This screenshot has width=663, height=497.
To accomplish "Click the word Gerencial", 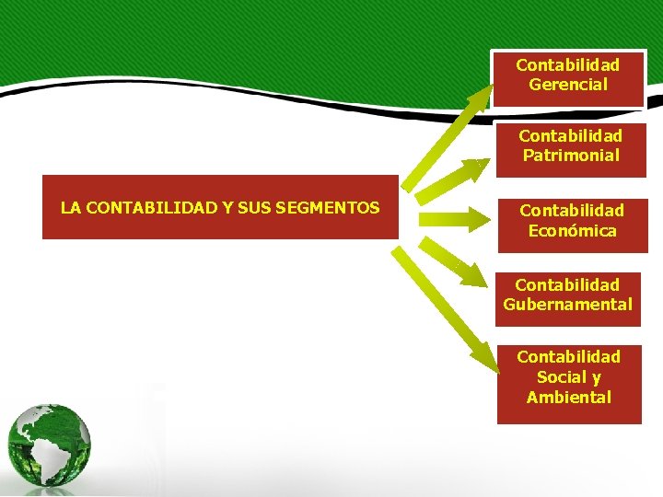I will pyautogui.click(x=568, y=85).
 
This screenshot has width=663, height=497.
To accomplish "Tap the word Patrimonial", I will pyautogui.click(x=571, y=156).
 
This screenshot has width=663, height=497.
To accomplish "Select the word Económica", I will pyautogui.click(x=572, y=231).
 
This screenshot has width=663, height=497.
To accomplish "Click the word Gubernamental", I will pyautogui.click(x=568, y=305).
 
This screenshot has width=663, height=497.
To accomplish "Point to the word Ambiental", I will pyautogui.click(x=569, y=398).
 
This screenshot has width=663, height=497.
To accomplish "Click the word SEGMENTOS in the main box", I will pyautogui.click(x=334, y=208).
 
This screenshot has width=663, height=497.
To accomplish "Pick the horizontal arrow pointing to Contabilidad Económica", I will pyautogui.click(x=456, y=219).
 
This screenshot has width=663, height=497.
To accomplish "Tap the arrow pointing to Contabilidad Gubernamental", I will pyautogui.click(x=453, y=260).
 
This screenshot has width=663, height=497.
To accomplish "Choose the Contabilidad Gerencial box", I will pyautogui.click(x=568, y=77).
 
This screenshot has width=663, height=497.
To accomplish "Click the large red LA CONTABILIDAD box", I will pyautogui.click(x=220, y=207).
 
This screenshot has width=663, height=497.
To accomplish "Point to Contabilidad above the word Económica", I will pyautogui.click(x=572, y=211).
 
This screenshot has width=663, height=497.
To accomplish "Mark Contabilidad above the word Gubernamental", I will pyautogui.click(x=567, y=285).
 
